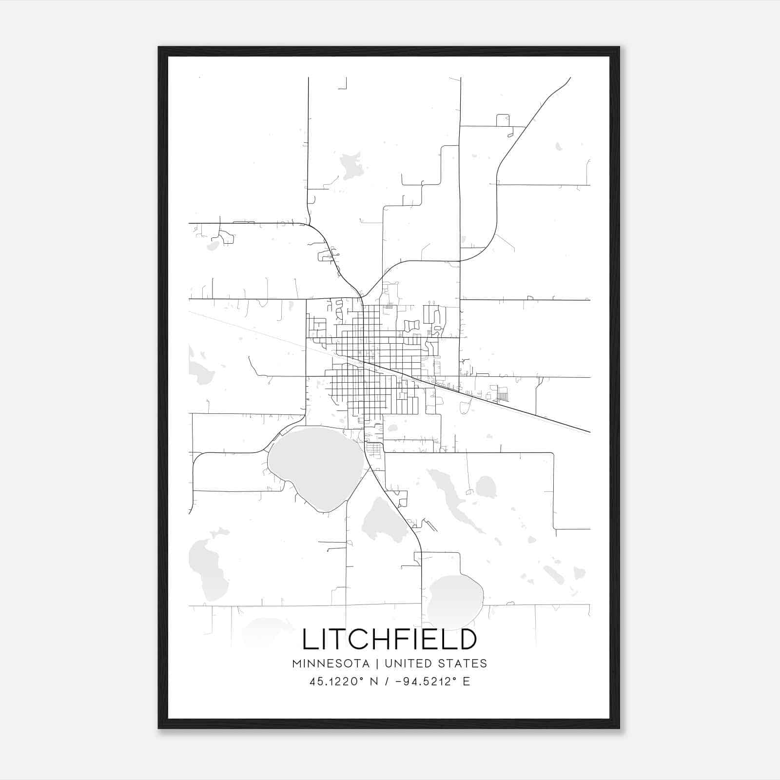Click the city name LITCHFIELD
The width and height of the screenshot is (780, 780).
[x=390, y=640]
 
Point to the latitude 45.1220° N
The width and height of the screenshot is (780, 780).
[x=344, y=682]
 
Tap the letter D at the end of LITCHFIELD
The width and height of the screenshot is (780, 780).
[x=468, y=640]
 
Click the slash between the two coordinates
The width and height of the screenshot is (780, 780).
[x=386, y=682]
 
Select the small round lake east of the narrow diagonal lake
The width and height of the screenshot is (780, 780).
[x=486, y=487]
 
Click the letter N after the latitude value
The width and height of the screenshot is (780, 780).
[x=374, y=682]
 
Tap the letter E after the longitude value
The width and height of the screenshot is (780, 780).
[x=467, y=682]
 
